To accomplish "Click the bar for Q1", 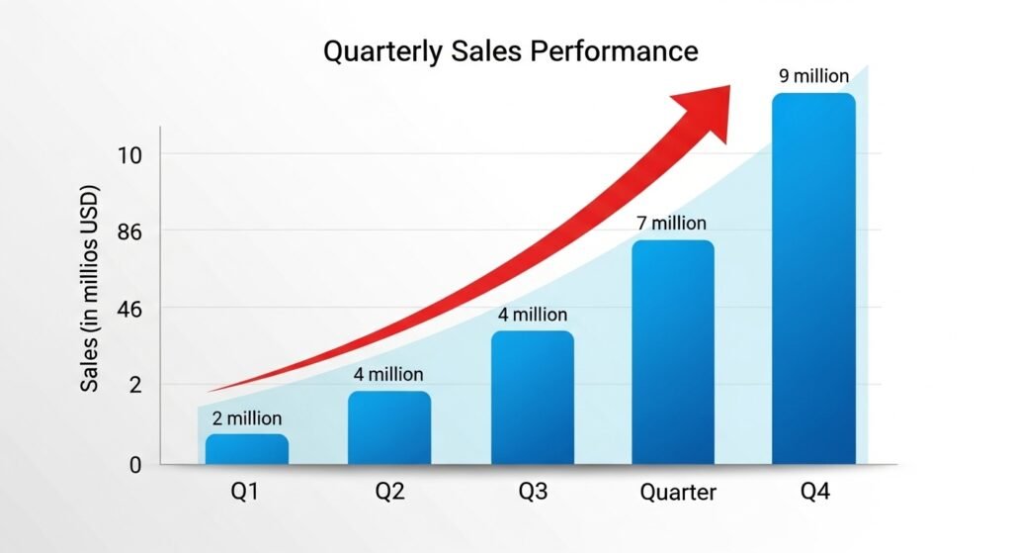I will (x=247, y=449).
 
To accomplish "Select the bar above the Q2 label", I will (x=389, y=427).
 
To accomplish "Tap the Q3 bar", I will (x=532, y=397).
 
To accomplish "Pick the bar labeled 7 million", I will (x=672, y=351).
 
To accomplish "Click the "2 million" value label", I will (x=246, y=419).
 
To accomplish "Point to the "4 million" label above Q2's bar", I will (x=388, y=375).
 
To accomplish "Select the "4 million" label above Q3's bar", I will (x=532, y=315).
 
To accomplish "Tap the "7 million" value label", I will (x=672, y=224).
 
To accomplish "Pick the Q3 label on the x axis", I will (x=533, y=491).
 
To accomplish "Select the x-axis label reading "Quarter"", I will (x=678, y=492).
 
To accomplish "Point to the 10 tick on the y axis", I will (x=131, y=154).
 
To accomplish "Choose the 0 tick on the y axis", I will (x=135, y=465).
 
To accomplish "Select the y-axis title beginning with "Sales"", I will (x=91, y=287).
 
